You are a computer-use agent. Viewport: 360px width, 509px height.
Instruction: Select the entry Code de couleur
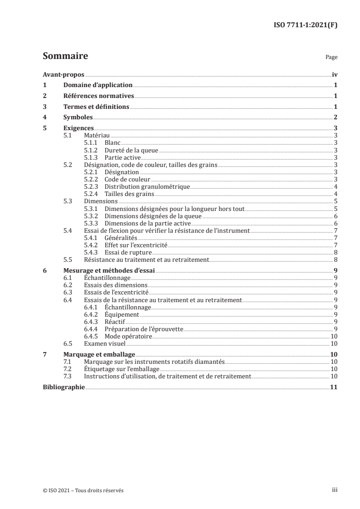(x=128, y=179)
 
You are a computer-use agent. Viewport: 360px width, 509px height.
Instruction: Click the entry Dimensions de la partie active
(x=148, y=223)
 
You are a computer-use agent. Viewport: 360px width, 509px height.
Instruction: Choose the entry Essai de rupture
(x=128, y=252)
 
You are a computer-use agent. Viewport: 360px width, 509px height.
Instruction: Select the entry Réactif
(x=116, y=321)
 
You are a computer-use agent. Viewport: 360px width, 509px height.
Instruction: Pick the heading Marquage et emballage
(x=96, y=354)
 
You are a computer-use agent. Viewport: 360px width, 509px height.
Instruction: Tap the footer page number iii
(x=334, y=490)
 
